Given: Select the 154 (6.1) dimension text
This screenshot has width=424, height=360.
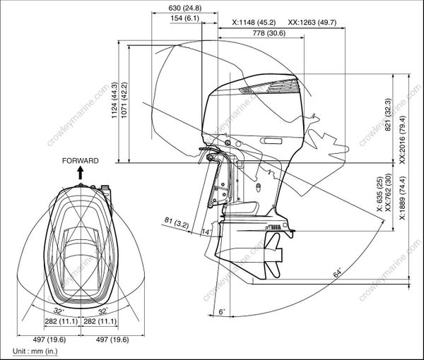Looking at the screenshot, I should click(x=185, y=18).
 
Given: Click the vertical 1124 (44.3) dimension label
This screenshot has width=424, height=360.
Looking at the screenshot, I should click(x=115, y=106).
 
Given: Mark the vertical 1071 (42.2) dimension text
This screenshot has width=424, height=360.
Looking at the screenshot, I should click(x=124, y=106).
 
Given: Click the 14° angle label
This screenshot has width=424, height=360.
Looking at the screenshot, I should click(x=207, y=232).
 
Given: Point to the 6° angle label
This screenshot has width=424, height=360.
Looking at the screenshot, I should click(x=221, y=311).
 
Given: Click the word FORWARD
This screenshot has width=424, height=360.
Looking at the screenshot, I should click(x=80, y=161).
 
